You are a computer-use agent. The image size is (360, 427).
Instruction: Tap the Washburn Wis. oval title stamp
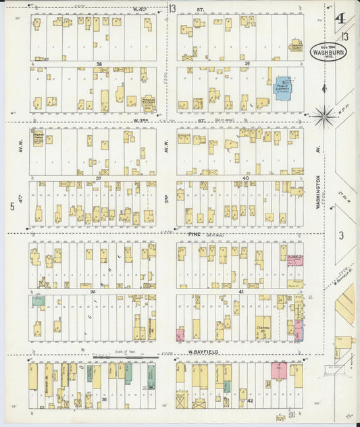coord(329,51)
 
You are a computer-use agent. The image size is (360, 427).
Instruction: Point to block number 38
coord(99,64)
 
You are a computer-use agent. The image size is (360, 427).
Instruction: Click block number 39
coord(247,64)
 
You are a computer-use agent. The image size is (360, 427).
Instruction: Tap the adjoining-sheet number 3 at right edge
coord(342,235)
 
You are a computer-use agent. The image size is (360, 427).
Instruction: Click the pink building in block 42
coord(278,370)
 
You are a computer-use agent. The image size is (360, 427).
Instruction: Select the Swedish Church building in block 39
coord(295,47)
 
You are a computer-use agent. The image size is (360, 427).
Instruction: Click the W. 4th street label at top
coord(140,9)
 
